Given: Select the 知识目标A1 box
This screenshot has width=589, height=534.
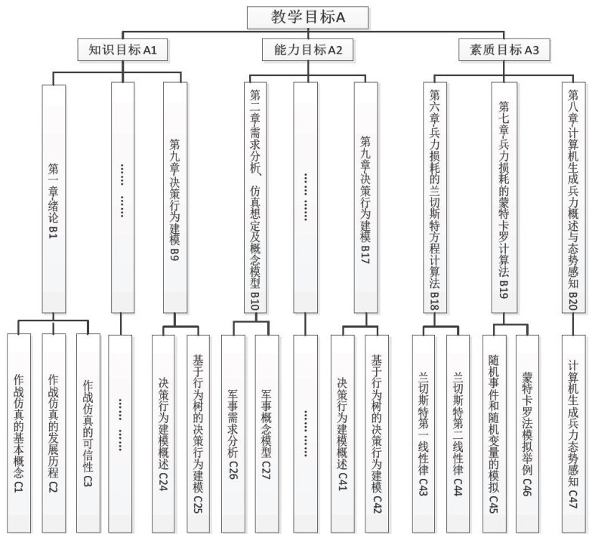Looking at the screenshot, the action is [123, 51].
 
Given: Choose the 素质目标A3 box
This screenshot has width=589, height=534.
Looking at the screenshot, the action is [504, 51].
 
